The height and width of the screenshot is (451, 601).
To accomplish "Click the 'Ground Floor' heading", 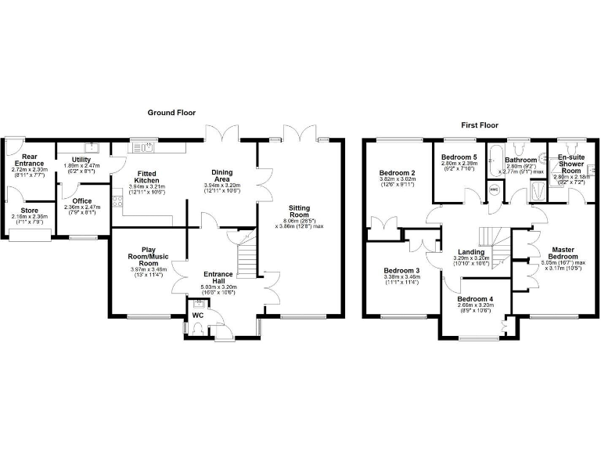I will (x=171, y=113).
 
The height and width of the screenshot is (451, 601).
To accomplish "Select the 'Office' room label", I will (x=82, y=201).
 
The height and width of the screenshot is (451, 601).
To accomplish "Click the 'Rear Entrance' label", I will (x=30, y=159).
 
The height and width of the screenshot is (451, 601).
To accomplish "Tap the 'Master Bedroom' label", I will (x=562, y=253).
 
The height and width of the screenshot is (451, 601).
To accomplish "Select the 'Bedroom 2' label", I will (x=397, y=173).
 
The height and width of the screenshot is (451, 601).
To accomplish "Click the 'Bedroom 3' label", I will (x=400, y=271).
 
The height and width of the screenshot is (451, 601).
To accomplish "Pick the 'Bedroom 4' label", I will (x=475, y=299).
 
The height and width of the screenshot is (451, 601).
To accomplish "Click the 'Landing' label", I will (x=471, y=251).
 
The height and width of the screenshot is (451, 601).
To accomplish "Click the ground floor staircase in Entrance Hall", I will (x=246, y=258).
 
